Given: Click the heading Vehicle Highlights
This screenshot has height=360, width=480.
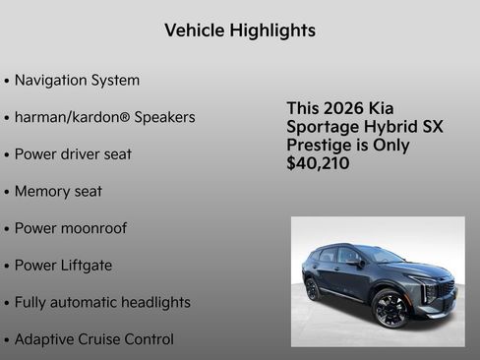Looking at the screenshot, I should click(240, 30).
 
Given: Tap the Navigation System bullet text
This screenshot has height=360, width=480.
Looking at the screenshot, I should click(77, 81).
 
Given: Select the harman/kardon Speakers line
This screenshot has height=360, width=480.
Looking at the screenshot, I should click(104, 117).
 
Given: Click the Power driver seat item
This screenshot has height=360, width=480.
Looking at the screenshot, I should click(73, 154).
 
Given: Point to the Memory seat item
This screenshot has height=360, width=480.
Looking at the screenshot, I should click(58, 191).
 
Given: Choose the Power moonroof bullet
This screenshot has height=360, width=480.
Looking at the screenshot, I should click(70, 228).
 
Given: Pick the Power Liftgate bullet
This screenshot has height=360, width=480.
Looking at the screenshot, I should click(63, 266).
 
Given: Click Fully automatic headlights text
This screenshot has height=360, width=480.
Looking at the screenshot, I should click(102, 303).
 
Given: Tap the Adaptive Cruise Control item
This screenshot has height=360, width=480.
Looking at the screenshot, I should click(93, 339).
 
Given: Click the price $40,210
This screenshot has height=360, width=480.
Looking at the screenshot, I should click(318, 163).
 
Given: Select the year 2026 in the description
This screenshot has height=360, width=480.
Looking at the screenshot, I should click(347, 108).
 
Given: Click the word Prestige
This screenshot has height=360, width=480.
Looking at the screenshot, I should click(323, 146).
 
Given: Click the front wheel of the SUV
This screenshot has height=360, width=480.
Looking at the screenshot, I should click(390, 308).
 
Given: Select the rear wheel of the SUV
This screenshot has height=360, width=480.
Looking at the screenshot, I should click(313, 289).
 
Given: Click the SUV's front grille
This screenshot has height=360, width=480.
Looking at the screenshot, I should click(446, 289).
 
